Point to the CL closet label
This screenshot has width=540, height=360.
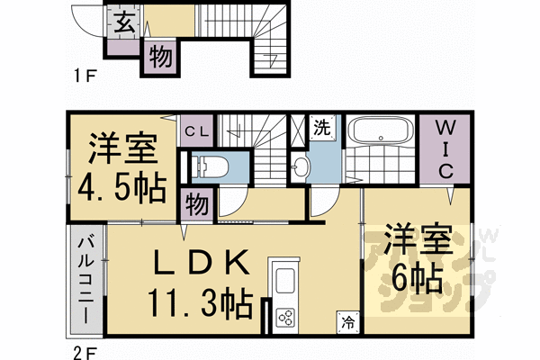tap(197, 132)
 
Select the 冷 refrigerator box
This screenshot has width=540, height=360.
tap(348, 321)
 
